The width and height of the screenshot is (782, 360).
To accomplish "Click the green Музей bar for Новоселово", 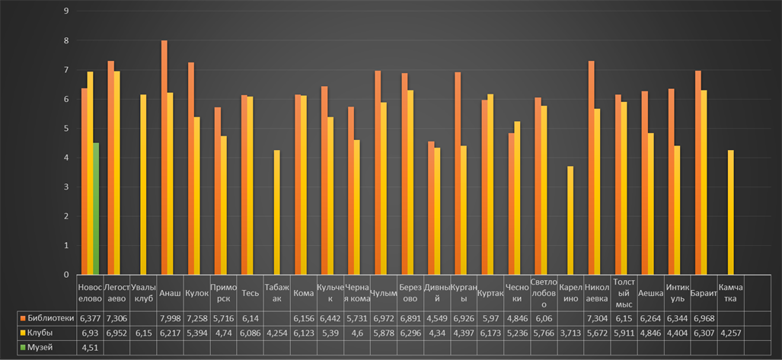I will (96, 209).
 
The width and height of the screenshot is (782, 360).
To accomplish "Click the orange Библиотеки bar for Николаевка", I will (591, 168).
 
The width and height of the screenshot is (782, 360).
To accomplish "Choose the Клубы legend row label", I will (41, 333).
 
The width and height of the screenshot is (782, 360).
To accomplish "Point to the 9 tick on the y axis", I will (67, 11).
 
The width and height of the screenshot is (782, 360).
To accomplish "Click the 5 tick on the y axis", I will (67, 129).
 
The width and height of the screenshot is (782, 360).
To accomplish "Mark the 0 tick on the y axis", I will (67, 275).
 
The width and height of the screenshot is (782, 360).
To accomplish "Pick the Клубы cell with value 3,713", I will (570, 333).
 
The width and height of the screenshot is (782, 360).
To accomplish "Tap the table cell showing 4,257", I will (731, 333).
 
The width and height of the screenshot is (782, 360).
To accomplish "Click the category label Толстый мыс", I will (624, 293).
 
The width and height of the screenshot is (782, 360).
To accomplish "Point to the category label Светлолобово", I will (544, 293).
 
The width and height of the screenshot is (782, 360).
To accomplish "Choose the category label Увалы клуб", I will (143, 293).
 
